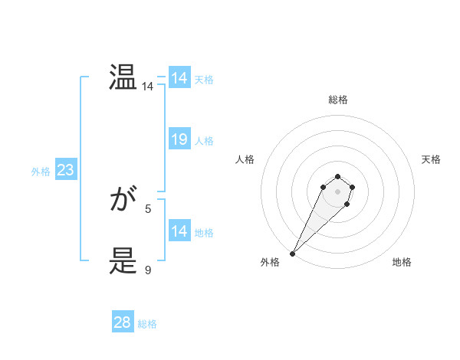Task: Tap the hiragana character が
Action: [x=123, y=201]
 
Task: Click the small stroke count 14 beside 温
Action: [x=148, y=87]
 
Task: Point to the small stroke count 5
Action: [x=148, y=208]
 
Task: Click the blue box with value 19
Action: [x=179, y=139]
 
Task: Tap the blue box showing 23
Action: [x=65, y=170]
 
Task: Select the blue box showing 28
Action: [x=123, y=322]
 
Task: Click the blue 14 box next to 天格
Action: [x=179, y=78]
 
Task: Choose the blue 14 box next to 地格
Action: [x=179, y=231]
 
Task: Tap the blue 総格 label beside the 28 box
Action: [x=147, y=324]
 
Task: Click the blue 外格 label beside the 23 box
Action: [x=41, y=172]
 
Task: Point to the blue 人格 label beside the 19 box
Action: [x=204, y=141]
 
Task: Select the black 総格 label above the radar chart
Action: [x=337, y=100]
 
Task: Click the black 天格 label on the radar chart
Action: [x=431, y=159]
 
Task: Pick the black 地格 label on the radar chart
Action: [x=402, y=262]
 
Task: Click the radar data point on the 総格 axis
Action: [x=337, y=177]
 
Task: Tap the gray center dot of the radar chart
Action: [x=337, y=191]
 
